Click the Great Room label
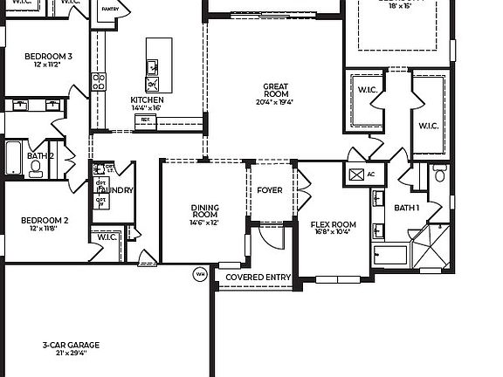coord(276,90)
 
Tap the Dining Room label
coord(205,211)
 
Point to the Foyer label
coord(270,190)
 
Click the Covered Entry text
coord(258,278)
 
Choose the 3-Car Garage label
coord(72,346)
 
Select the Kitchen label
coord(148,99)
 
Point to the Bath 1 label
coord(407,208)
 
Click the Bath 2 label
coord(40,155)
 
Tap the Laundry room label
coord(116,190)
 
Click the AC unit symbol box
coord(356,174)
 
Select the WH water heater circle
coord(200,274)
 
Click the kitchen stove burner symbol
coord(99,82)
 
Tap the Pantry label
coord(109,9)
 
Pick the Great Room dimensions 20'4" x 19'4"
coord(276,102)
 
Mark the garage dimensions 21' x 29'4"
coord(72,354)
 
